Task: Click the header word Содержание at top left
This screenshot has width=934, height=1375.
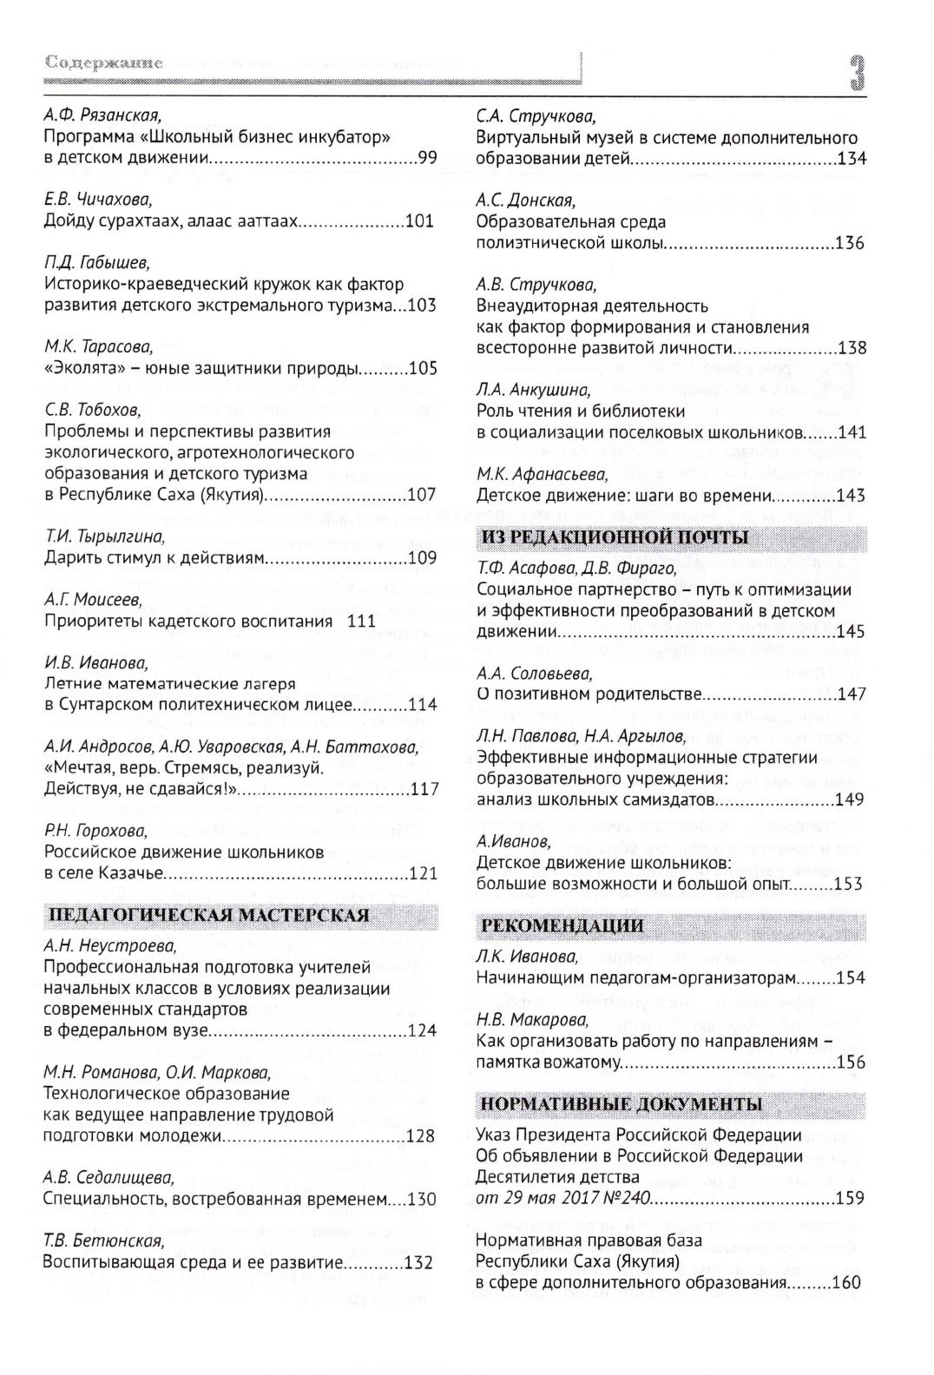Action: (x=104, y=63)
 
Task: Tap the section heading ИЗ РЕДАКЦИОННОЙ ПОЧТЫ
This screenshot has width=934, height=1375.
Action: (x=615, y=537)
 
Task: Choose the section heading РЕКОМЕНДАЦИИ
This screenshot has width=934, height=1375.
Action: (x=562, y=925)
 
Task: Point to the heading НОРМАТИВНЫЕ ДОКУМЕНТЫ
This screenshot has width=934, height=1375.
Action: (x=622, y=1104)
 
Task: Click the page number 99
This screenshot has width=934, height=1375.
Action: (x=427, y=158)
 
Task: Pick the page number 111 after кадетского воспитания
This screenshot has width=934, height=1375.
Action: (x=361, y=622)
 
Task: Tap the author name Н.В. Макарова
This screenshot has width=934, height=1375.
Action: (x=532, y=1019)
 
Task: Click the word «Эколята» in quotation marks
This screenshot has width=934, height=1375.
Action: (x=79, y=368)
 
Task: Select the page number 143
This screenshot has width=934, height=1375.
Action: (x=851, y=496)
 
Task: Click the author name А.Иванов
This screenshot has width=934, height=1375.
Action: (x=513, y=841)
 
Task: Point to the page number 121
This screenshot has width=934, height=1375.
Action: (x=423, y=873)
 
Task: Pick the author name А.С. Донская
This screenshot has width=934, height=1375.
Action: (x=525, y=201)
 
